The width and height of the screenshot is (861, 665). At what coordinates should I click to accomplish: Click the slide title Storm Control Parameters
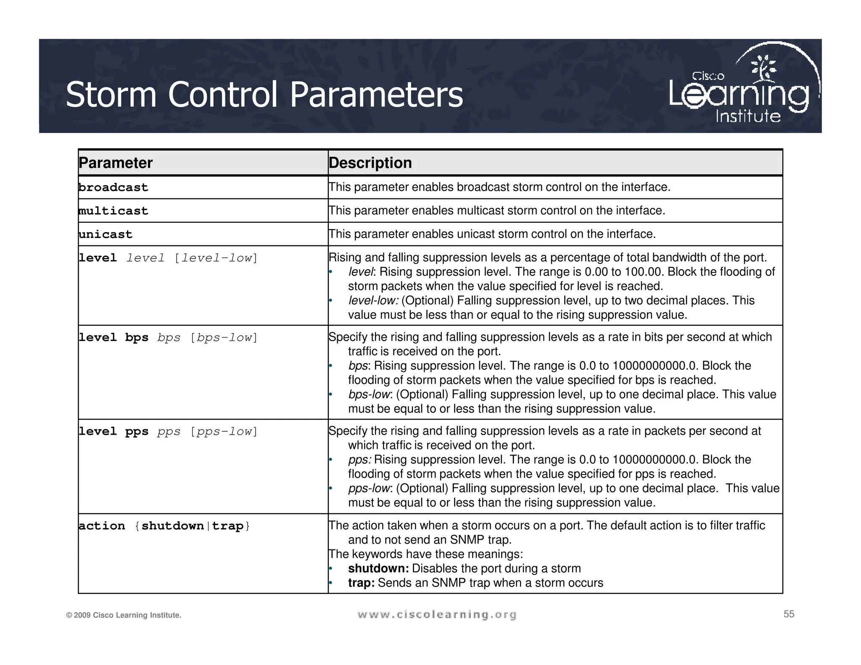264,95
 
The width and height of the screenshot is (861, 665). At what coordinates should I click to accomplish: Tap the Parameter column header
116,163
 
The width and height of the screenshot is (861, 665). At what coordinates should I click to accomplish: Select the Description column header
370,163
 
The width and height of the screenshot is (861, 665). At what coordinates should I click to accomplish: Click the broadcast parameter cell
114,187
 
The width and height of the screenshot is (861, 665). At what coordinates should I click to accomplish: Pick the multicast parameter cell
114,211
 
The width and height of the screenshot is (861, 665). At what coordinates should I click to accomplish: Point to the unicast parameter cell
106,235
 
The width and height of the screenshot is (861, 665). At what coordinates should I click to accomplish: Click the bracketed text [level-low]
216,258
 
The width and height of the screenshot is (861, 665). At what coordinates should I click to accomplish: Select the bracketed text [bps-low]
224,338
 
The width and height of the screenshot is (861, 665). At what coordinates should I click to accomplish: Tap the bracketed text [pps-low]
224,432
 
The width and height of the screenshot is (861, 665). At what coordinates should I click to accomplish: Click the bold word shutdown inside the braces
172,526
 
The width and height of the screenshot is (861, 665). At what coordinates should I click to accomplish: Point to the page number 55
789,614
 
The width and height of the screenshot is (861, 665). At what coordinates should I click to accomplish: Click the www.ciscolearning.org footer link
437,615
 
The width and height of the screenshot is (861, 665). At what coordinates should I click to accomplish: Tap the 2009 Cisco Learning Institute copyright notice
124,615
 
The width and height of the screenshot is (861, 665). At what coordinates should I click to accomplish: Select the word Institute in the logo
748,116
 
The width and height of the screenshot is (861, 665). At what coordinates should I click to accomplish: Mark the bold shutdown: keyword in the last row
378,569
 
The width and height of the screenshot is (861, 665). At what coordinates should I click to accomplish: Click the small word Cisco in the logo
708,76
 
